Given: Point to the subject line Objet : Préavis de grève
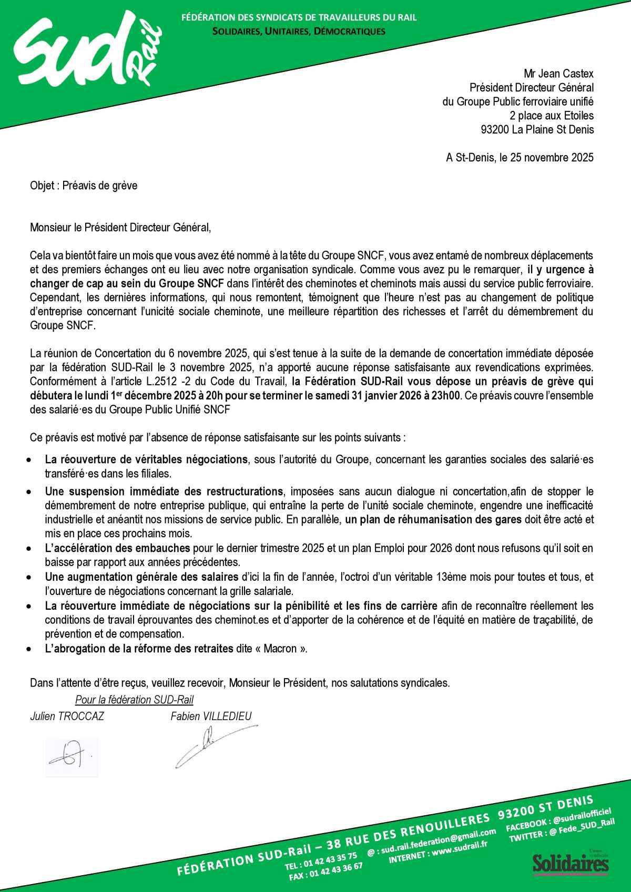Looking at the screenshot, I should pyautogui.click(x=84, y=185).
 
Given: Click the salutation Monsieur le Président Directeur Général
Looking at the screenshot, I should pyautogui.click(x=120, y=228).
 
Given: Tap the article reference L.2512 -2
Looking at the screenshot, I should pyautogui.click(x=189, y=381).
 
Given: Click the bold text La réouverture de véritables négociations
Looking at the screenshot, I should pyautogui.click(x=146, y=459).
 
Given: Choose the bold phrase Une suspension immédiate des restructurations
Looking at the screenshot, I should pyautogui.click(x=164, y=492).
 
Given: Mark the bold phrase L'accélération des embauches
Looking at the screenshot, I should pyautogui.click(x=117, y=548).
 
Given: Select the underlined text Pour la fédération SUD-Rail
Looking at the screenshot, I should pyautogui.click(x=134, y=700).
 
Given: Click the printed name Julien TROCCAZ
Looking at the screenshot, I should pyautogui.click(x=67, y=716).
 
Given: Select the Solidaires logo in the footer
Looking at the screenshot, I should pyautogui.click(x=571, y=863).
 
